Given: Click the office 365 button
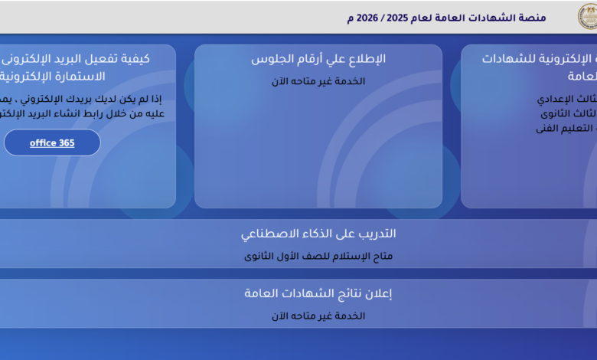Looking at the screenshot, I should point(52,142).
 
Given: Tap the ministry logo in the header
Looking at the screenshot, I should point(586,16).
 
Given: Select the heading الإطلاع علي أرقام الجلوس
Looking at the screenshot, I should point(318,59).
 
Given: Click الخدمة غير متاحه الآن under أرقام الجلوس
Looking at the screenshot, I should point(318,81).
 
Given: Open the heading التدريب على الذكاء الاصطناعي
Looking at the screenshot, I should point(318,234).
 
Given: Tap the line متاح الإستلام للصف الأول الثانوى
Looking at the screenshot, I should point(318,257).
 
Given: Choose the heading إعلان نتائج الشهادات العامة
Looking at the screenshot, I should point(318,293).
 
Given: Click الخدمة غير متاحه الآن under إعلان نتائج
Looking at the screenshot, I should point(318,316).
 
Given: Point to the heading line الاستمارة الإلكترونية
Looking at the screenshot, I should point(54,77).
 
